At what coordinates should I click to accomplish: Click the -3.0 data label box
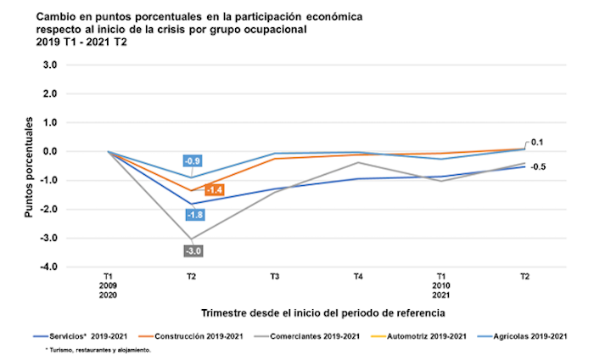click(x=192, y=251)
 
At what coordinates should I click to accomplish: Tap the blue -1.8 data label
click(x=192, y=215)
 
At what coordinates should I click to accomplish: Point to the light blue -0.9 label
click(x=192, y=161)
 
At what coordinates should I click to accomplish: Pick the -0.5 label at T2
click(x=537, y=166)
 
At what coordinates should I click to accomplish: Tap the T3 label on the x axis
click(x=275, y=278)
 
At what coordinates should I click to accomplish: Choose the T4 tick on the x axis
click(x=358, y=278)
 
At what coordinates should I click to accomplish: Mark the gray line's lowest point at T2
click(x=192, y=239)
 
